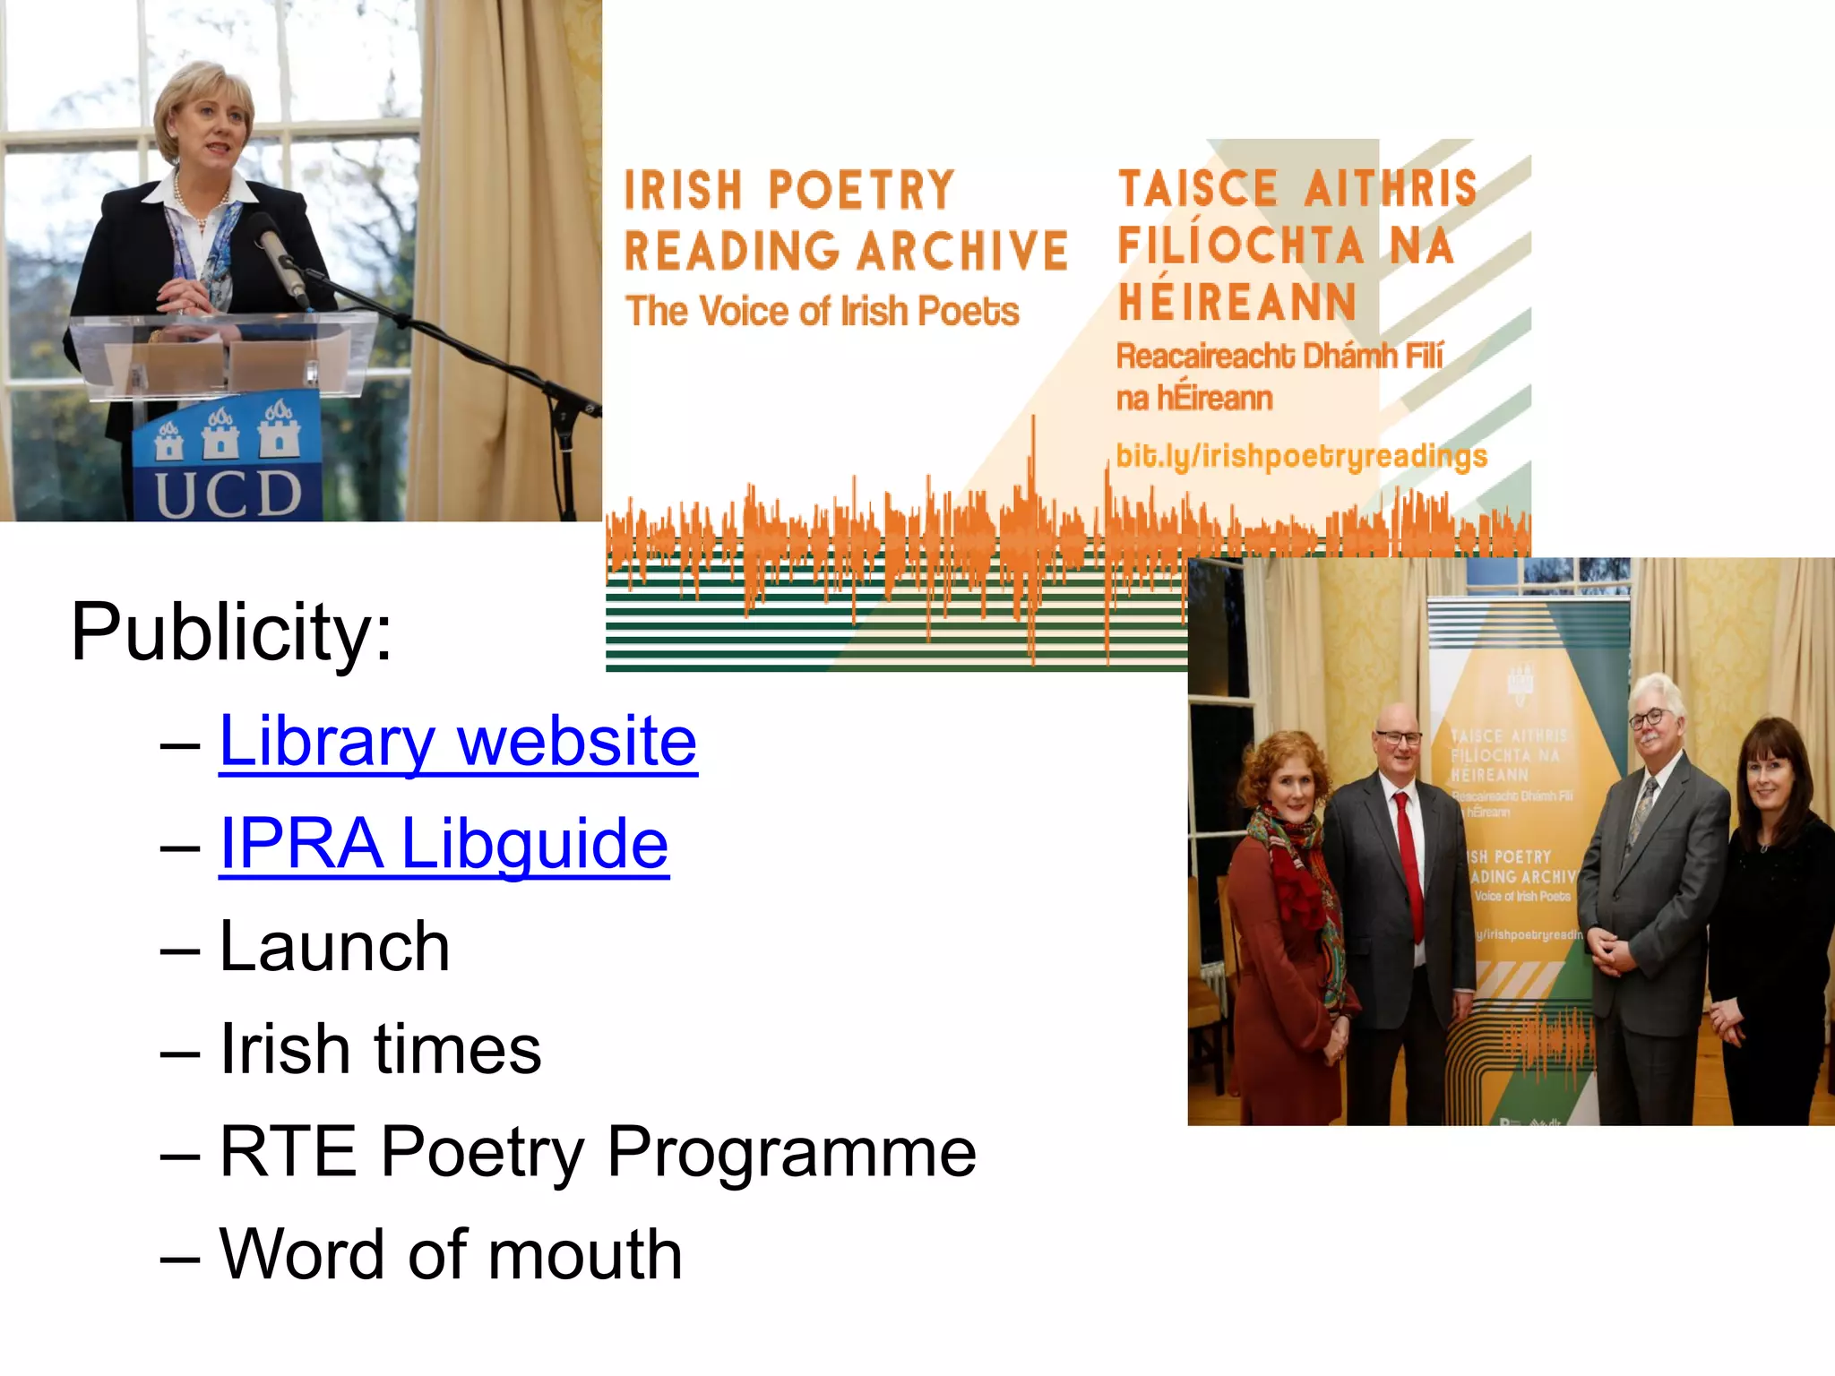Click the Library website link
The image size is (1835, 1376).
pyautogui.click(x=458, y=741)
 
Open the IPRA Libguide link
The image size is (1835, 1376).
pyautogui.click(x=444, y=844)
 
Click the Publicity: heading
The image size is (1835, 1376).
pyautogui.click(x=231, y=632)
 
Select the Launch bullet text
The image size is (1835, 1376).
pyautogui.click(x=334, y=947)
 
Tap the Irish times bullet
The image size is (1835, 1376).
pyautogui.click(x=380, y=1049)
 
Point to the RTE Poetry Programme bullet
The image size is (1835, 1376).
pyautogui.click(x=598, y=1152)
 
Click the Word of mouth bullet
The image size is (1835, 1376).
pyautogui.click(x=451, y=1254)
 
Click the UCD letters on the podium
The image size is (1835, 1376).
pyautogui.click(x=228, y=494)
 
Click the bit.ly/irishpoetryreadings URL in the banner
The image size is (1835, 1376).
pyautogui.click(x=1301, y=456)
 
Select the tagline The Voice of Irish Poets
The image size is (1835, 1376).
pyautogui.click(x=823, y=312)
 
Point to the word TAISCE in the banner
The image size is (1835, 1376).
pyautogui.click(x=1198, y=189)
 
